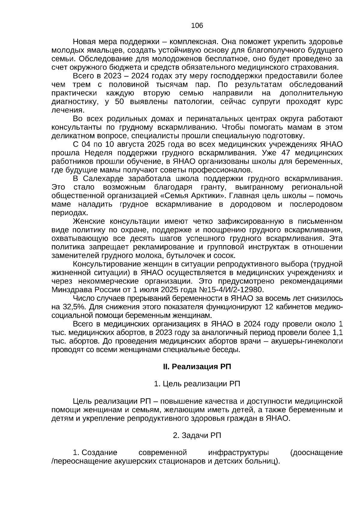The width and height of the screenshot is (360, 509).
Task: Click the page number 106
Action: coord(197,26)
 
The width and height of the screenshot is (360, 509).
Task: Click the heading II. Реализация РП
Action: coord(197,367)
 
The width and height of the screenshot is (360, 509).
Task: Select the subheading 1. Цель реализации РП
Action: coord(197,384)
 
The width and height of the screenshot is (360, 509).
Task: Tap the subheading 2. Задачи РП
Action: coord(197,435)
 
